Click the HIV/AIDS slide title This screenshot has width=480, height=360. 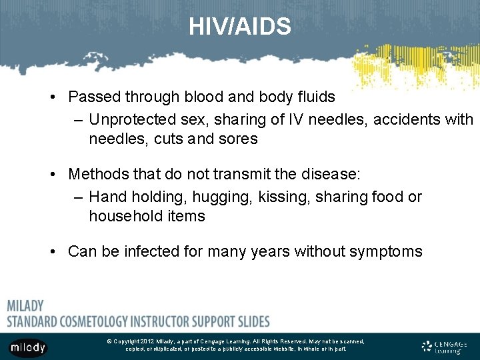pyautogui.click(x=240, y=27)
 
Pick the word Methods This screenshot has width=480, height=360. pyautogui.click(x=97, y=175)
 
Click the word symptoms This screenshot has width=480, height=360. pyautogui.click(x=389, y=252)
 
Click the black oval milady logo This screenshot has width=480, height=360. pyautogui.click(x=28, y=347)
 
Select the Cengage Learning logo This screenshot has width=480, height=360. pyautogui.click(x=445, y=346)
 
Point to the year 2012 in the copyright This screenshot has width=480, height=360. pyautogui.click(x=147, y=341)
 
